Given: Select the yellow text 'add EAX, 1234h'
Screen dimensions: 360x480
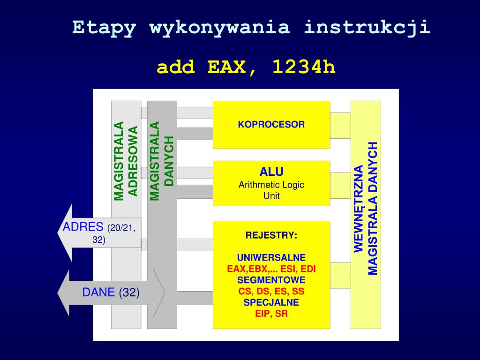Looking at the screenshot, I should (x=246, y=67).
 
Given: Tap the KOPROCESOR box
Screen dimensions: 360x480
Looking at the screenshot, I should (x=271, y=125).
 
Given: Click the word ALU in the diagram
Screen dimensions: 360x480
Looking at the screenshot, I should (x=271, y=172).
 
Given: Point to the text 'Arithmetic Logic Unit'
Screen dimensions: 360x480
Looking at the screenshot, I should (x=271, y=190).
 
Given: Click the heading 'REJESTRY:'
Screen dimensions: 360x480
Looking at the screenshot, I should (x=271, y=235).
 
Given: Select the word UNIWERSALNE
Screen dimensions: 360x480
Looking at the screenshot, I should (x=271, y=258).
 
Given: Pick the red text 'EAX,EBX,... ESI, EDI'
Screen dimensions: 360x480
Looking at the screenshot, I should (x=271, y=269).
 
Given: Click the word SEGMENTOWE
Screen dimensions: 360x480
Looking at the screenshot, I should (x=271, y=280).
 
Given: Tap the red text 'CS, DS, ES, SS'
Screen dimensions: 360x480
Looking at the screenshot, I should (x=271, y=292).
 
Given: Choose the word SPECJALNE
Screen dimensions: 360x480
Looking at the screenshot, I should (x=271, y=303).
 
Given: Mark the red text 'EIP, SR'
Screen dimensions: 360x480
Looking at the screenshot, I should (x=271, y=314).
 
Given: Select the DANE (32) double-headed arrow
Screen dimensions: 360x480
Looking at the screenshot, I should (x=111, y=293).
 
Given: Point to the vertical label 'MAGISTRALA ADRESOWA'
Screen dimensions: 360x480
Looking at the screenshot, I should (x=126, y=161).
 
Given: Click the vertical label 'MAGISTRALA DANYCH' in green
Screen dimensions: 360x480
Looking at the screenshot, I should (x=162, y=161).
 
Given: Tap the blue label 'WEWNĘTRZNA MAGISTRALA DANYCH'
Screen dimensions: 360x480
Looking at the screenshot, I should (x=366, y=208).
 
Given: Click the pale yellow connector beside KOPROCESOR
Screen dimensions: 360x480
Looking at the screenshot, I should (x=340, y=125).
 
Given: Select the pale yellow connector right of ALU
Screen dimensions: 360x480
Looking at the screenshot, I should (x=340, y=185).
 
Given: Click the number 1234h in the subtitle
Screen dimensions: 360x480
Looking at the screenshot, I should (x=304, y=67).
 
